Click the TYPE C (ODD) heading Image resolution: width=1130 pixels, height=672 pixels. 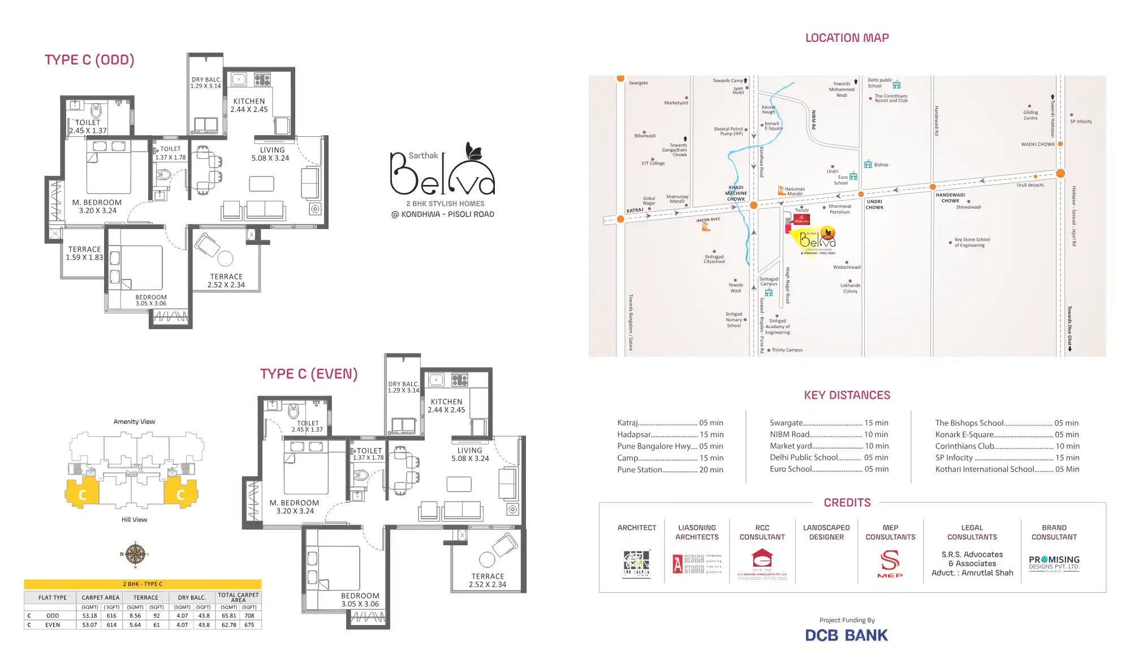pos(89,60)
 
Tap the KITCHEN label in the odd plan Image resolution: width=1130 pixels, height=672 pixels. pos(249,101)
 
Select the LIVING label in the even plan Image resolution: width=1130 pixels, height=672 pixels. pos(469,451)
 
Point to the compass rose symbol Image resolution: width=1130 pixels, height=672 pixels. pos(135,554)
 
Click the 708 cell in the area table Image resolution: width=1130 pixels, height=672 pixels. pos(249,615)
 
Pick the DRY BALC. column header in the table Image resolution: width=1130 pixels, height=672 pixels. pos(192,597)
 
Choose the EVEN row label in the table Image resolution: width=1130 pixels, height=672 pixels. pos(53,625)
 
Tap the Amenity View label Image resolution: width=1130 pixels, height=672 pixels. pos(134,421)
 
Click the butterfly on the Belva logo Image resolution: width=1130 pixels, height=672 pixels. pos(473,150)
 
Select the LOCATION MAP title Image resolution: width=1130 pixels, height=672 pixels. pos(847,38)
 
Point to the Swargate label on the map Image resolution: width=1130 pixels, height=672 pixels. pos(639,83)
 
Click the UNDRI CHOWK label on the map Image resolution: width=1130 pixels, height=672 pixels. pos(874,204)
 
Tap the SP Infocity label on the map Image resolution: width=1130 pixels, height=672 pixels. pos(1081,122)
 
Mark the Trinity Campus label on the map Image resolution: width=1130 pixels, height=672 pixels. pos(787,350)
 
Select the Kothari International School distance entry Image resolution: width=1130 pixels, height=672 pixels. pos(1007,469)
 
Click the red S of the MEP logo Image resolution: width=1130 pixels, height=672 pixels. pos(890,561)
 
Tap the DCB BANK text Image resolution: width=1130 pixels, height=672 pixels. pos(846,635)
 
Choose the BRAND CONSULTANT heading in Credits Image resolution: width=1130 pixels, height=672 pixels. pos(1054,532)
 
